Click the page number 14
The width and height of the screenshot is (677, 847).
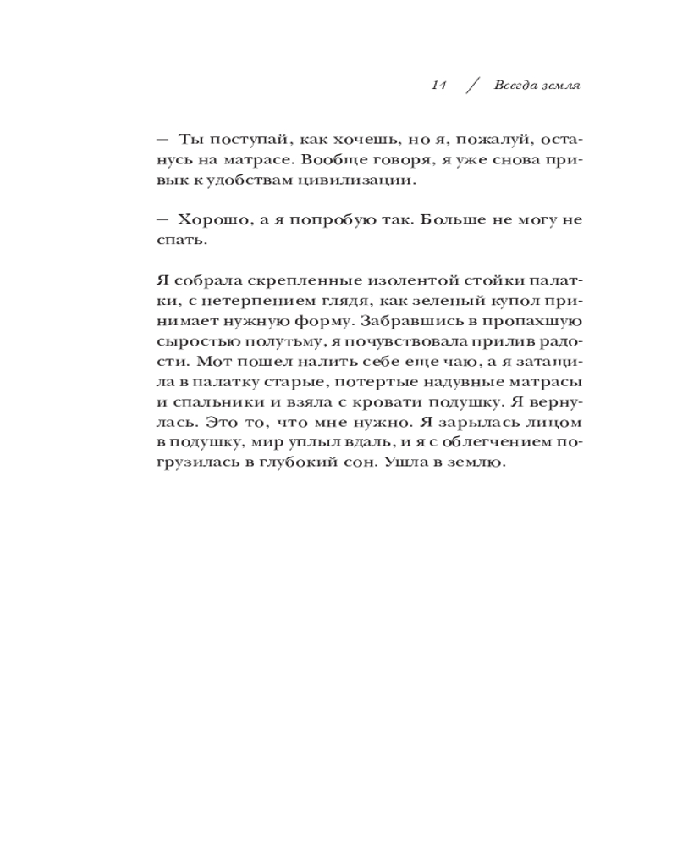click(x=438, y=86)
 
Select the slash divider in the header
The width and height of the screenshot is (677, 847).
click(x=472, y=86)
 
